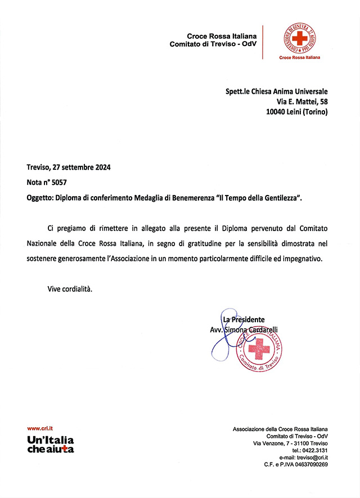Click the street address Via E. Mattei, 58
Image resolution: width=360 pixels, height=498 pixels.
303,102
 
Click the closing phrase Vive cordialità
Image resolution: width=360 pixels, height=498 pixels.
69,289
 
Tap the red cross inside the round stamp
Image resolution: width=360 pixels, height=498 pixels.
259,349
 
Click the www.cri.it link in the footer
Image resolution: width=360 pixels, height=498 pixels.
39,428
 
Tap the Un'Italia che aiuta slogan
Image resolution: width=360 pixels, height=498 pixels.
51,444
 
